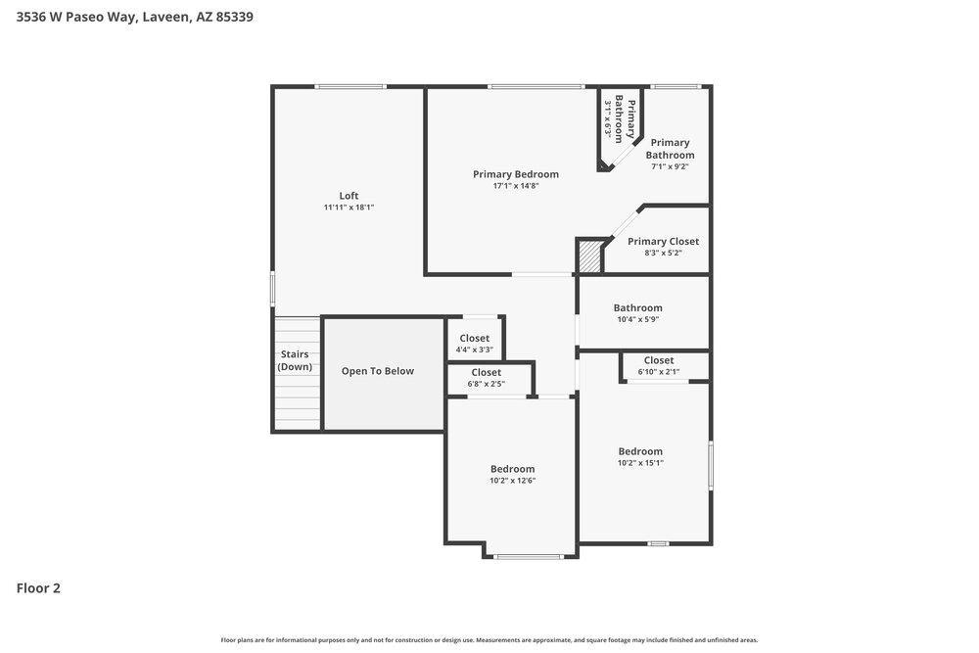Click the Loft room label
pyautogui.click(x=349, y=196)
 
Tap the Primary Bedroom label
pyautogui.click(x=516, y=174)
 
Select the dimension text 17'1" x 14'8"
pyautogui.click(x=516, y=185)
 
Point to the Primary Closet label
pyautogui.click(x=663, y=242)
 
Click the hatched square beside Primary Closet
pyautogui.click(x=588, y=256)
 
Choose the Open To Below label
pyautogui.click(x=378, y=371)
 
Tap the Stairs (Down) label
pyautogui.click(x=295, y=360)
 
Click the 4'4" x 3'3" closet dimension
pyautogui.click(x=475, y=350)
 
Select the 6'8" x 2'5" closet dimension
pyautogui.click(x=487, y=384)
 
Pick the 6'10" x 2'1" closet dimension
pyautogui.click(x=659, y=371)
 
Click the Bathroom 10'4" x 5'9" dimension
pyautogui.click(x=638, y=319)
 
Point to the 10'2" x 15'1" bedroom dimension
pyautogui.click(x=640, y=463)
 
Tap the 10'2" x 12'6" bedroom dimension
pyautogui.click(x=513, y=480)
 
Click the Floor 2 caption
pyautogui.click(x=38, y=588)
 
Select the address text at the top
pyautogui.click(x=135, y=17)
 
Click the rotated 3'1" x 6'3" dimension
pyautogui.click(x=607, y=118)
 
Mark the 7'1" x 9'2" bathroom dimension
pyautogui.click(x=670, y=166)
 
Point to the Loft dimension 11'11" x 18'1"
pyautogui.click(x=349, y=208)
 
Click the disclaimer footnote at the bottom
pyautogui.click(x=489, y=640)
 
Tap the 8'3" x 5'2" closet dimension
pyautogui.click(x=663, y=253)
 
